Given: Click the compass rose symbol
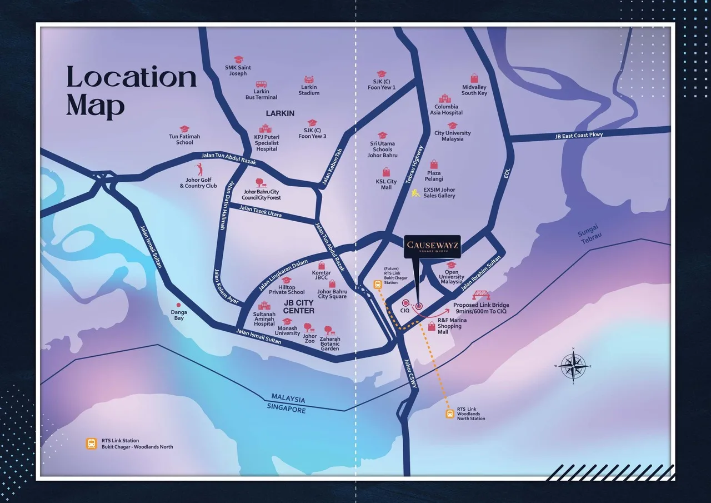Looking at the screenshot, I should (573, 366).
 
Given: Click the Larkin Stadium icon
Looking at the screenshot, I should (309, 80).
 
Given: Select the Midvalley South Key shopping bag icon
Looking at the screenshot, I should (474, 78).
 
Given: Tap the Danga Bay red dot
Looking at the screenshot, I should (178, 305).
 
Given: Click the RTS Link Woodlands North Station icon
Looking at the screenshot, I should (450, 414).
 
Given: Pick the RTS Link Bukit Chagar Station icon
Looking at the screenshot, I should (377, 285).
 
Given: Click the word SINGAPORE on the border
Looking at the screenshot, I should (287, 410).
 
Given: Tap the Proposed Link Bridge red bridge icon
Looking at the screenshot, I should (480, 295).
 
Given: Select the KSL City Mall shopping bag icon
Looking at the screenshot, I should (386, 172).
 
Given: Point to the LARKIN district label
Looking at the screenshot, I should (280, 113).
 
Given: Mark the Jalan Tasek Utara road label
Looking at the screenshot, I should (261, 211).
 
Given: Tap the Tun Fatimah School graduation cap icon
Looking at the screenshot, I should (184, 129).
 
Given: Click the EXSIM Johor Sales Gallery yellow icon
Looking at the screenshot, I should (415, 193).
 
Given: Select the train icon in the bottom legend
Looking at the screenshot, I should (91, 444).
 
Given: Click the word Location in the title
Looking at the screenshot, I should (132, 78).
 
